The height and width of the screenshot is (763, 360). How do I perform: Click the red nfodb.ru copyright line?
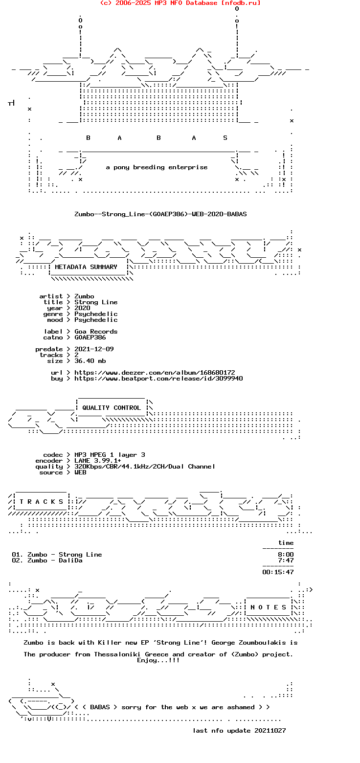coord(180,3)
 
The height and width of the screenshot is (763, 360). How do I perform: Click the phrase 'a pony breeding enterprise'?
coord(157,167)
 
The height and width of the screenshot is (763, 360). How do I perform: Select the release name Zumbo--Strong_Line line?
coord(160,214)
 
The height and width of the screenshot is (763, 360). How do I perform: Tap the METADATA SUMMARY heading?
coord(86,267)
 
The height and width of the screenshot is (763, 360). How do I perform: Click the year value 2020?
coord(83,308)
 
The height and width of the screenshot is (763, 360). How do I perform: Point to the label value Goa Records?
coord(96,332)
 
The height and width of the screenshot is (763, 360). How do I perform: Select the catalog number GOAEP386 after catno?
coord(90,337)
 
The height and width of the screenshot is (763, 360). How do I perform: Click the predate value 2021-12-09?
coord(94,349)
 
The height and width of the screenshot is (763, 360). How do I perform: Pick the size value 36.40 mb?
coord(90,361)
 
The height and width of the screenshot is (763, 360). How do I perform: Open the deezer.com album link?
coord(155,373)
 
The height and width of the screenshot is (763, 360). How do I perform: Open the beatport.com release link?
coord(158,379)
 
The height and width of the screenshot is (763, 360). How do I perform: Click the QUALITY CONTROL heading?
coord(112,408)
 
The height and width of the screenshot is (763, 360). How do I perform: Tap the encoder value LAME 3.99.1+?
coord(98,461)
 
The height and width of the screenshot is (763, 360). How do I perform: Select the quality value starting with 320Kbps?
coord(145,467)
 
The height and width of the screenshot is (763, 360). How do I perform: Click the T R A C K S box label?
coord(41,502)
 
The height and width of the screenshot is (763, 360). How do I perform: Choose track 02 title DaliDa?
coord(70,561)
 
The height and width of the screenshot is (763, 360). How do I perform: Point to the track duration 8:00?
coord(286,555)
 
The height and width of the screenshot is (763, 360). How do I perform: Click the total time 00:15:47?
coord(278,572)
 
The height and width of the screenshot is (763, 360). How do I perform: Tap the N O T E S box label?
coord(269,607)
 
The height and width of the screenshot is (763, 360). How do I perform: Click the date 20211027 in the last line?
coord(270,731)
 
